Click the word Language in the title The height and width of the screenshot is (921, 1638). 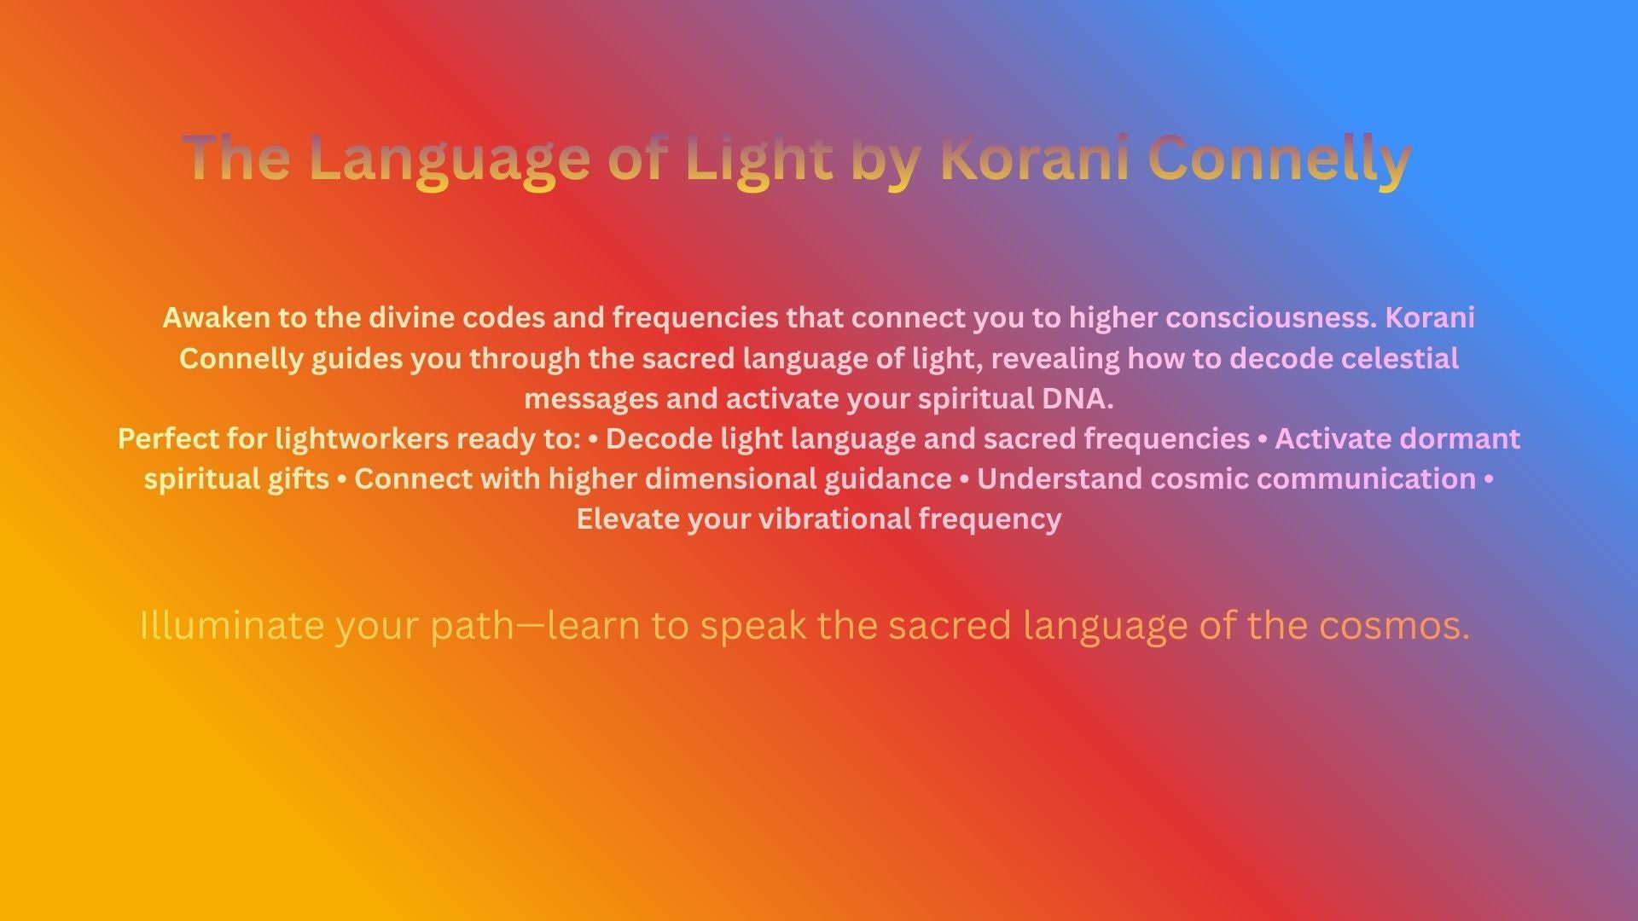click(x=449, y=159)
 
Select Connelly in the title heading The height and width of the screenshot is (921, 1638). click(x=1280, y=159)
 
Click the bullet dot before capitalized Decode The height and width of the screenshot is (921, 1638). click(x=593, y=439)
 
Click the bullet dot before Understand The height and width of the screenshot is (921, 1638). click(x=964, y=479)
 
